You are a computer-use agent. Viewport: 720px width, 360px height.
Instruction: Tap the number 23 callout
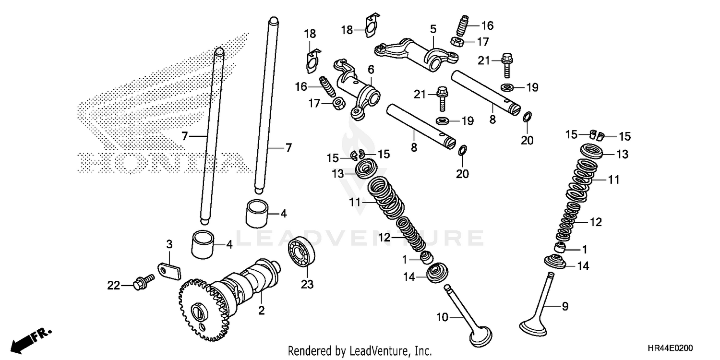pyautogui.click(x=307, y=285)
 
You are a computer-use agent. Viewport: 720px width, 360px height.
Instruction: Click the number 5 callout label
pyautogui.click(x=433, y=29)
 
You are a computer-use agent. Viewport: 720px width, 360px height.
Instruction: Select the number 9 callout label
pyautogui.click(x=565, y=305)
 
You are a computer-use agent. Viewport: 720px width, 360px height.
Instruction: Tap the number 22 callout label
pyautogui.click(x=113, y=286)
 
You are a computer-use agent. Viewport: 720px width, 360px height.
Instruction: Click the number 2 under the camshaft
pyautogui.click(x=261, y=311)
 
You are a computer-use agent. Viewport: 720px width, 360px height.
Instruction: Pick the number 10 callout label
pyautogui.click(x=443, y=317)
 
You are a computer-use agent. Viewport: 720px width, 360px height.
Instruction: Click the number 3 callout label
pyautogui.click(x=169, y=245)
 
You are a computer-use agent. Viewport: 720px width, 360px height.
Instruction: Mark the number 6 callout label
pyautogui.click(x=371, y=70)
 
